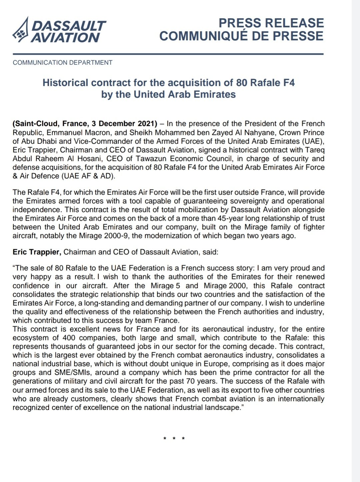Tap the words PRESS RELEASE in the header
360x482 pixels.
click(271, 23)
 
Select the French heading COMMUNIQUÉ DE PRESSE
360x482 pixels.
click(241, 36)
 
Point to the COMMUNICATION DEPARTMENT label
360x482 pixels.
click(63, 62)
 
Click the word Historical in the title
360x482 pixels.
click(65, 83)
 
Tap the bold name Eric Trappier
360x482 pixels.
click(37, 252)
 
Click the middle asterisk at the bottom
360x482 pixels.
click(174, 438)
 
